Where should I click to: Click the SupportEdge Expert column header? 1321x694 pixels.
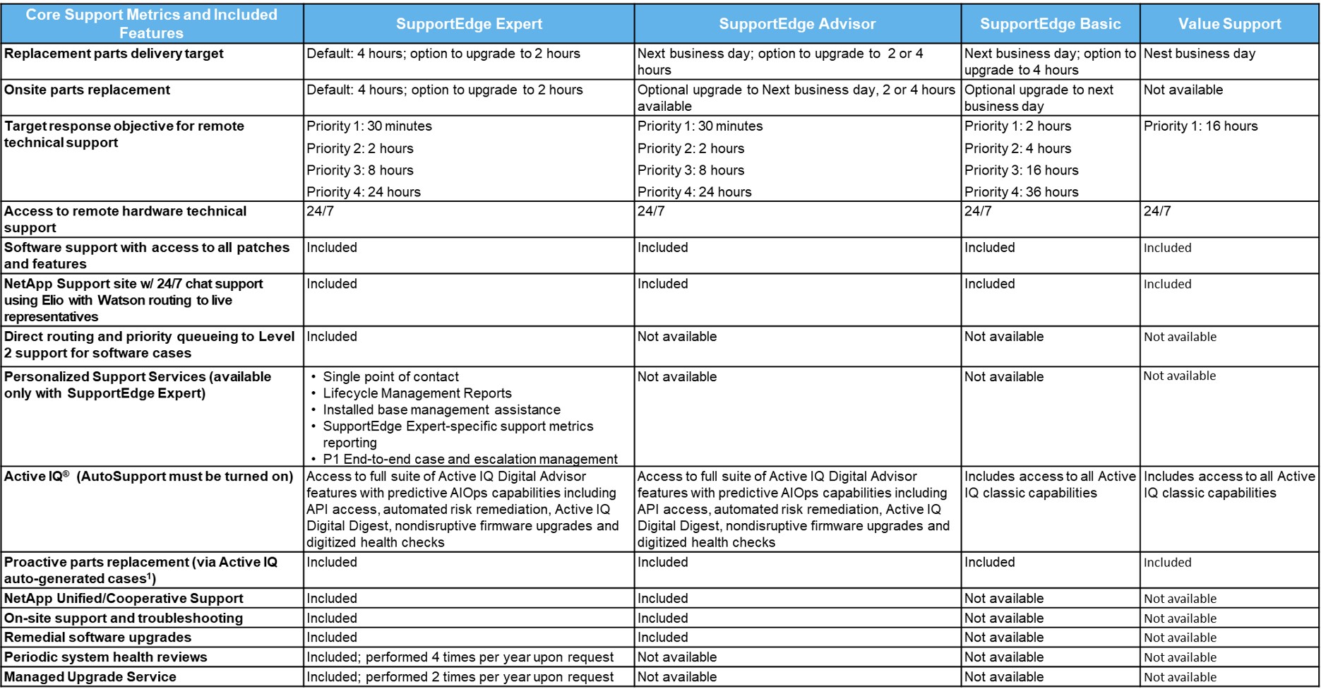coord(469,24)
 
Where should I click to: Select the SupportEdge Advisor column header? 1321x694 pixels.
coord(797,24)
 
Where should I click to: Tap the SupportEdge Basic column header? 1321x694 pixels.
coord(1050,24)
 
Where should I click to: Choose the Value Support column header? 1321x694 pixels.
coord(1229,24)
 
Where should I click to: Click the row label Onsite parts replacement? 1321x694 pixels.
coord(87,90)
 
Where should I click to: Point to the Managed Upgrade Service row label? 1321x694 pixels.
coord(90,676)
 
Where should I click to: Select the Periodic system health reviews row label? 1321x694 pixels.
coord(106,657)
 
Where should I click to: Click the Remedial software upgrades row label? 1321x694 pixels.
coord(97,637)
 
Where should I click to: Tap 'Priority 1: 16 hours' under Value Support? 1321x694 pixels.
coord(1200,126)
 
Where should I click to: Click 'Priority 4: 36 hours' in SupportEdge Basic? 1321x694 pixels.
coord(1021,192)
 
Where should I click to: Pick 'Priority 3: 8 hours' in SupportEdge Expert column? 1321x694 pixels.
coord(360,170)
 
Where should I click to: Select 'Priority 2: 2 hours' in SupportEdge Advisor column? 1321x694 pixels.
coord(691,148)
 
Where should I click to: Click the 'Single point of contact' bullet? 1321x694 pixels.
coord(390,377)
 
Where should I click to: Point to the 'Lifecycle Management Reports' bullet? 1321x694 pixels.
coord(417,393)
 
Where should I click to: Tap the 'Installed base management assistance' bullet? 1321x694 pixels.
coord(441,409)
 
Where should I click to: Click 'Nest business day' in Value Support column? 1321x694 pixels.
coord(1199,54)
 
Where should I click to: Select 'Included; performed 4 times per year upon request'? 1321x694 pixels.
coord(460,657)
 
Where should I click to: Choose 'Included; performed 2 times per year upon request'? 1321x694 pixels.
coord(460,676)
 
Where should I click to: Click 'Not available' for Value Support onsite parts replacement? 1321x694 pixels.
coord(1183,90)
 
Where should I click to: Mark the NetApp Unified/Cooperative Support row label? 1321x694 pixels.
coord(124,598)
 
